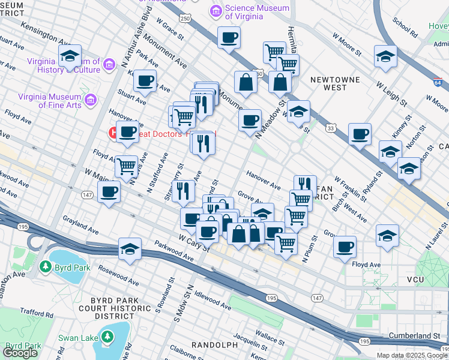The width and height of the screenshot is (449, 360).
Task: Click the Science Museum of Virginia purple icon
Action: tap(215, 11)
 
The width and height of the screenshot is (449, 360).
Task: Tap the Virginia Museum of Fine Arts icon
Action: tap(91, 99)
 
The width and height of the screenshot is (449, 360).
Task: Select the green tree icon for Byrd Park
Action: tap(44, 266)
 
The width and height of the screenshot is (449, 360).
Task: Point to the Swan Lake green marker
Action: tap(107, 338)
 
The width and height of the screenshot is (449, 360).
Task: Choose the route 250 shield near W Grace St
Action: tap(187, 19)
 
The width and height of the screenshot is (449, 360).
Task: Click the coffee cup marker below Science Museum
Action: tap(229, 38)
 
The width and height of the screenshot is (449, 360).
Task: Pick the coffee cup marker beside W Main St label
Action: tap(109, 191)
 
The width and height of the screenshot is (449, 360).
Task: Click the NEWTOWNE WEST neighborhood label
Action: tap(328, 83)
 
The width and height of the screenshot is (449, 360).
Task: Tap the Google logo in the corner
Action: tap(20, 353)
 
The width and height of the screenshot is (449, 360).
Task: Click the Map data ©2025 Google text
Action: tap(411, 355)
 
